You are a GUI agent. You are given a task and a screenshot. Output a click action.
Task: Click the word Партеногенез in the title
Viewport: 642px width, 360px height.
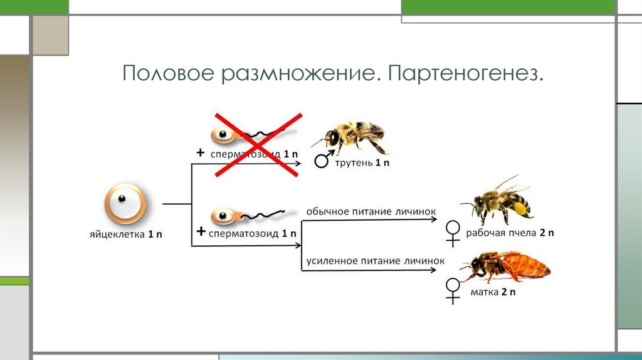click(465, 75)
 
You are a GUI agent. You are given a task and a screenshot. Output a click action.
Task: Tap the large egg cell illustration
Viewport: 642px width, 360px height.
click(125, 203)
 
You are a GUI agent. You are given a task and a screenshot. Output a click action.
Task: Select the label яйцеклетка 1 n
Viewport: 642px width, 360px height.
click(125, 234)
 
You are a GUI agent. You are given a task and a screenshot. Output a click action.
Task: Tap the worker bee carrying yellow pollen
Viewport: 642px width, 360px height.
click(498, 201)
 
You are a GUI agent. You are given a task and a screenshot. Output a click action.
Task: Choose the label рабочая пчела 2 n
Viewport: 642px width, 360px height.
click(510, 233)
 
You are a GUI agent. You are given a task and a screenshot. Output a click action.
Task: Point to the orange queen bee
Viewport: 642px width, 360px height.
click(509, 266)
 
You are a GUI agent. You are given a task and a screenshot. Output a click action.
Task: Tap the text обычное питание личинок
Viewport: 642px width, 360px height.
click(371, 211)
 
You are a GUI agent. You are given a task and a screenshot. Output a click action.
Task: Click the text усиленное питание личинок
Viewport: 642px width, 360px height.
click(375, 260)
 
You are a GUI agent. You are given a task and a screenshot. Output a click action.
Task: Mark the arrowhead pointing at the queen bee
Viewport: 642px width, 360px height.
click(433, 270)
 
